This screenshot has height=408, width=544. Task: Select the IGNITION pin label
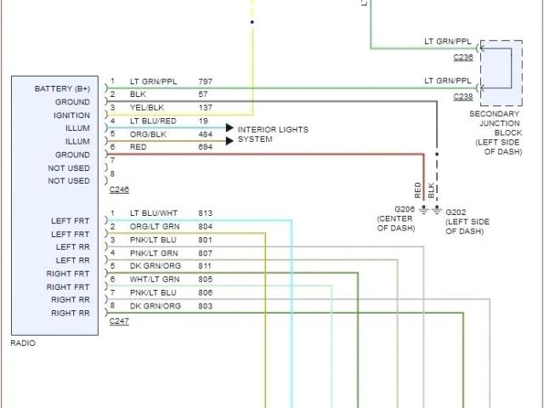[x=71, y=115]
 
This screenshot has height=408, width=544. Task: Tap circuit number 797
[x=205, y=82]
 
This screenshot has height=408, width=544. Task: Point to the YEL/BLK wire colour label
[x=146, y=108]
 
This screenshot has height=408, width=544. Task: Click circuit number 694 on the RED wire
[x=205, y=147]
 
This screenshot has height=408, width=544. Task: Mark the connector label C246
[x=118, y=190]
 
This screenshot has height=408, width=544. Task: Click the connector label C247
[x=118, y=322]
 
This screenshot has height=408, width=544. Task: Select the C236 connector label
[x=463, y=57]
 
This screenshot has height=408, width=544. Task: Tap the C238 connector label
[x=463, y=96]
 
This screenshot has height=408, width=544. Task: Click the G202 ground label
[x=456, y=212]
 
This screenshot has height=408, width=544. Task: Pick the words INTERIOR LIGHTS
[x=273, y=129]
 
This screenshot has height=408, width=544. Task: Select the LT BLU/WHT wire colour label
[x=152, y=212]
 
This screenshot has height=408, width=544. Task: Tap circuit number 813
[x=205, y=212]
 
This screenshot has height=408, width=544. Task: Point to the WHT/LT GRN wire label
[x=153, y=279]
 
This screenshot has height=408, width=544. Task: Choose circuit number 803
[x=205, y=305]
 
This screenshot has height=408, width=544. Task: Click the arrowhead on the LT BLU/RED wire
[x=229, y=127]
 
